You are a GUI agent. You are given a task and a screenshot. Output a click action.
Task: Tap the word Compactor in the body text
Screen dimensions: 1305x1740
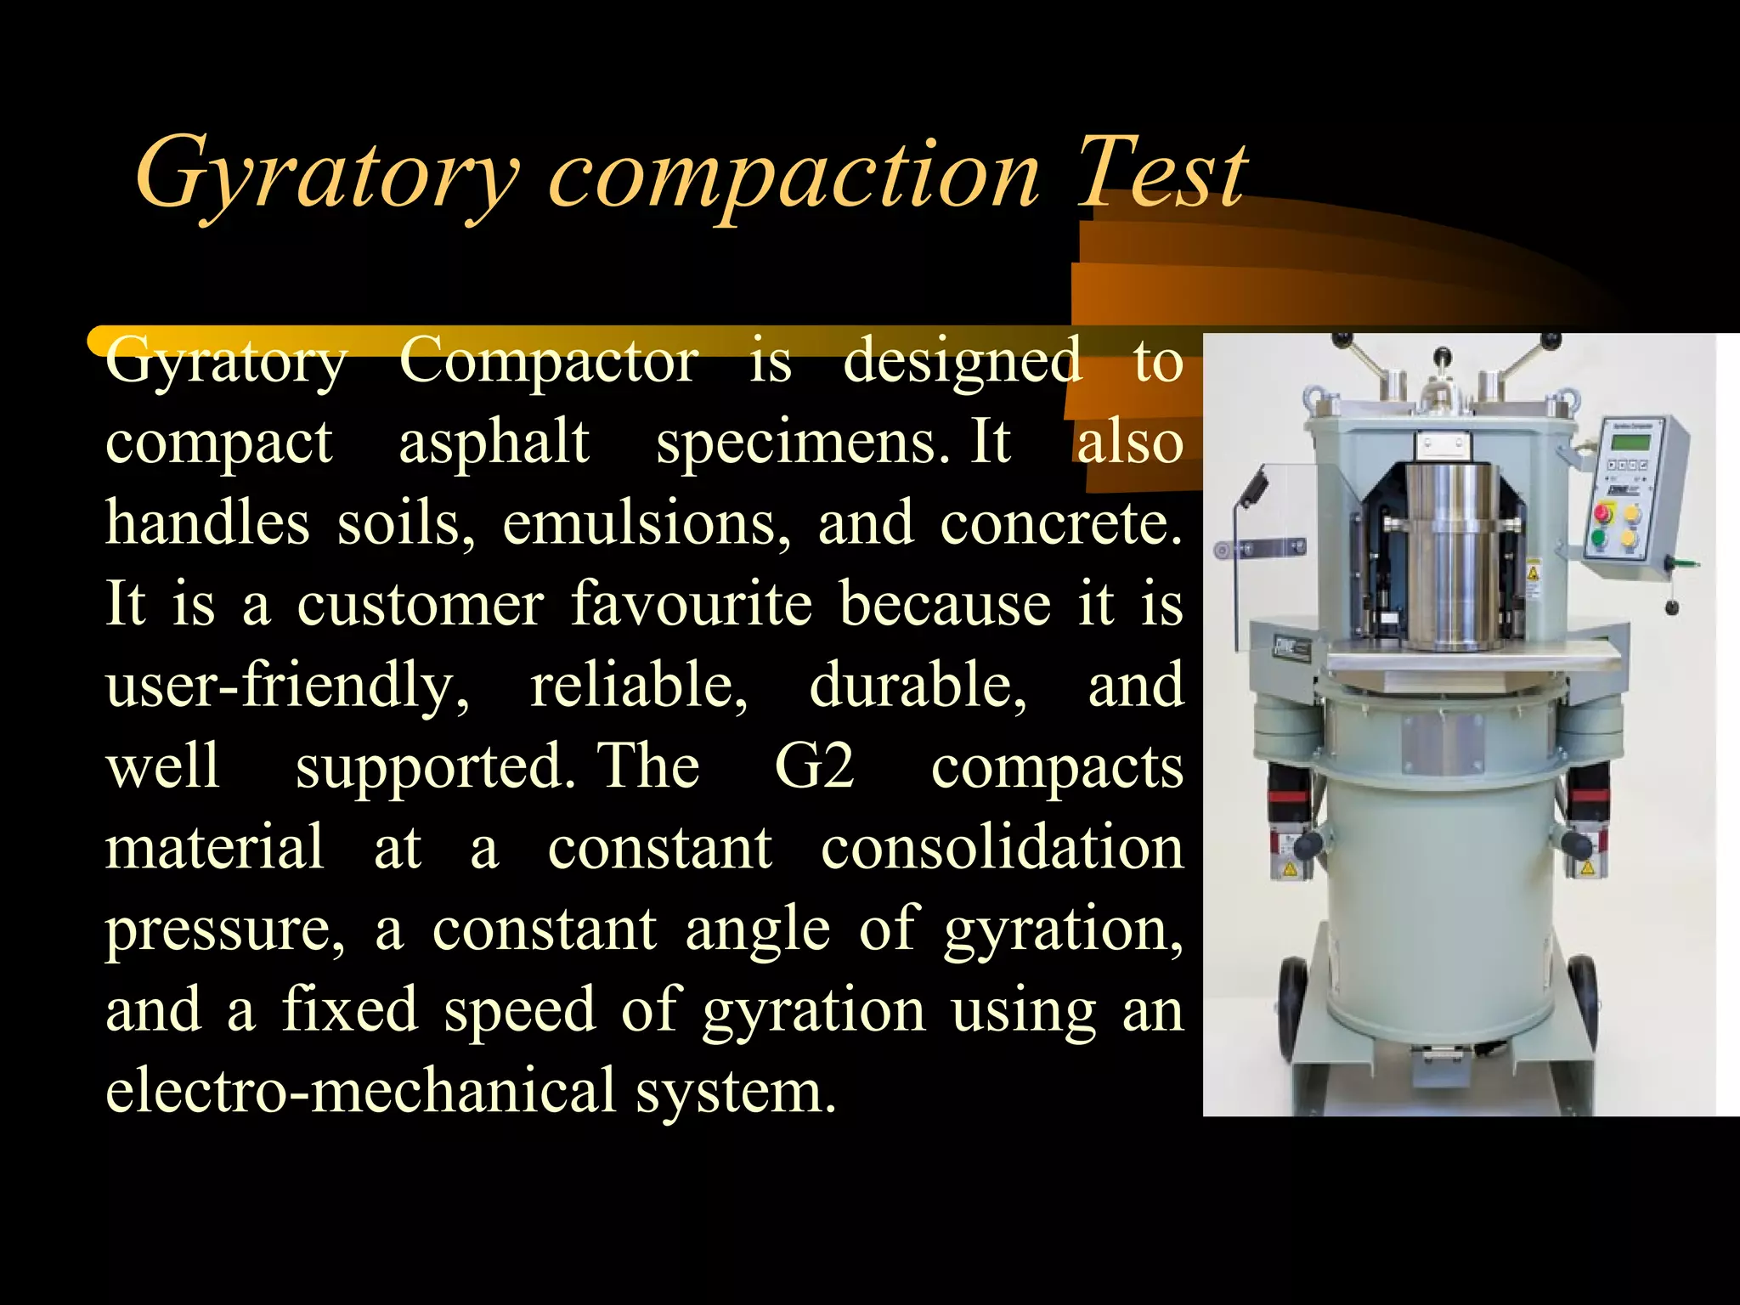click(548, 362)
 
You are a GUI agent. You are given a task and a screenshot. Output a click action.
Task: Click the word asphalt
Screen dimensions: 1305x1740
click(494, 443)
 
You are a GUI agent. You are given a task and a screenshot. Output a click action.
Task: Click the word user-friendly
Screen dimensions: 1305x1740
click(286, 686)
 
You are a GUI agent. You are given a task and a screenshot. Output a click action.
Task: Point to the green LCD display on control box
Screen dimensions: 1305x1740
click(1630, 443)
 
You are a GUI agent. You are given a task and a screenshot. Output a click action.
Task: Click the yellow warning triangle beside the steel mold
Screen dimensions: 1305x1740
click(1533, 572)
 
